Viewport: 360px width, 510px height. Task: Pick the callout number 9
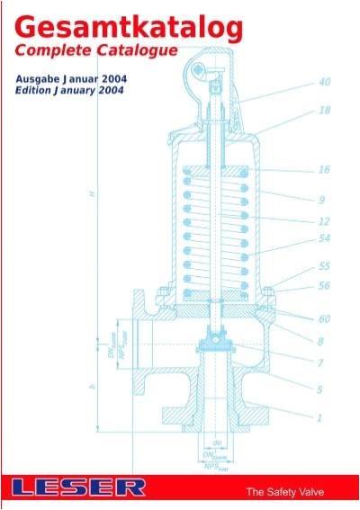click(321, 199)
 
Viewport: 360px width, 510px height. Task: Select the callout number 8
click(321, 341)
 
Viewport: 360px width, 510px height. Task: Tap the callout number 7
click(321, 364)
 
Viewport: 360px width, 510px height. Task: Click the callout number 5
click(321, 389)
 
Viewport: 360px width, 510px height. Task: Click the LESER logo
click(78, 488)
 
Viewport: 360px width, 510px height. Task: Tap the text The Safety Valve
click(285, 491)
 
